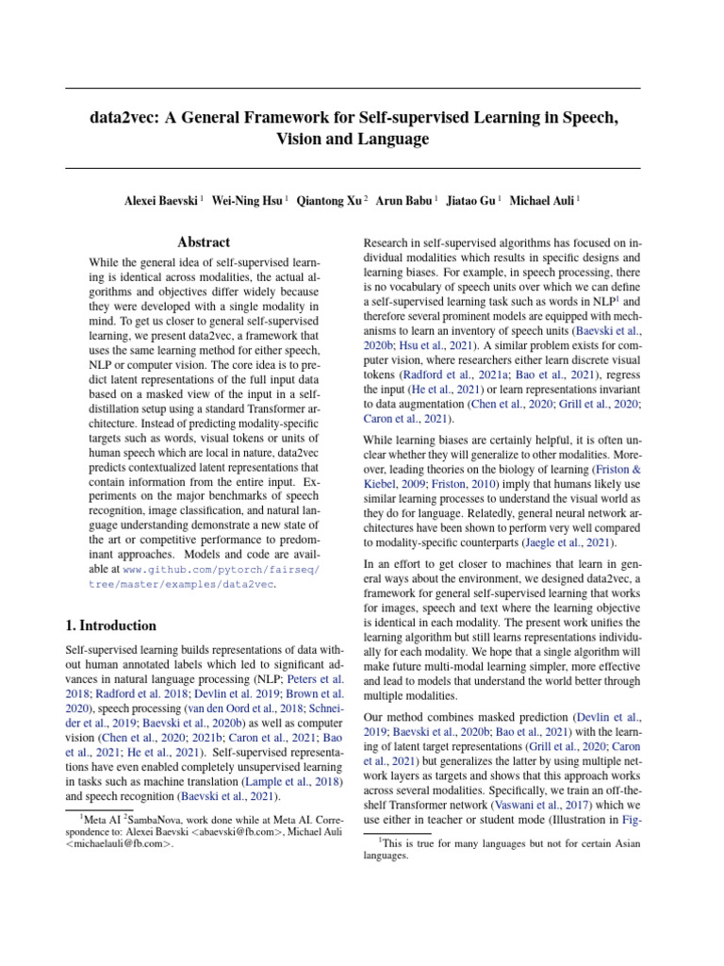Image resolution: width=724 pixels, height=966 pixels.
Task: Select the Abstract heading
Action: coord(205,242)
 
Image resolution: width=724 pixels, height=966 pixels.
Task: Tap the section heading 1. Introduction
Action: coord(110,625)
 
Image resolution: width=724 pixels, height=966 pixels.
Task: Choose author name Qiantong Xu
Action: coord(330,200)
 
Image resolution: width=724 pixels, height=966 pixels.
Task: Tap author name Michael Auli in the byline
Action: coord(543,200)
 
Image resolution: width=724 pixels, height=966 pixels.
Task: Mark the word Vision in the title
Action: coord(300,140)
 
